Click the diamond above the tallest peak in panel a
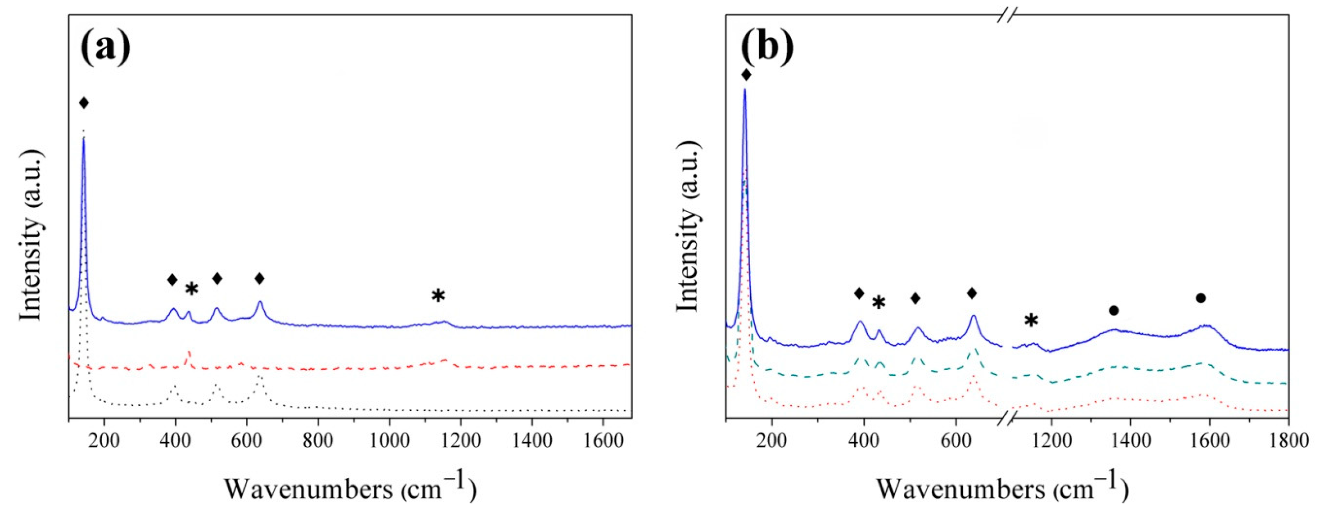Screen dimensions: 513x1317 click(84, 103)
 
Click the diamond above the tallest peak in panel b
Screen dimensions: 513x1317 click(746, 75)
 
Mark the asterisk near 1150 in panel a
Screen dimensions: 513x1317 click(438, 296)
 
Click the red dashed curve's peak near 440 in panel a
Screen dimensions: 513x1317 click(189, 353)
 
